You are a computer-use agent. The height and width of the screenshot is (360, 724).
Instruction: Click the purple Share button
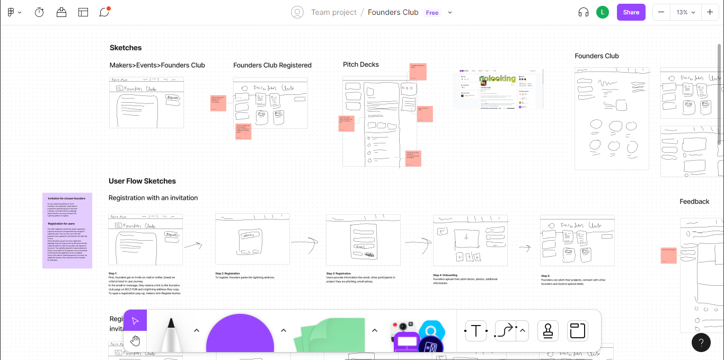631,12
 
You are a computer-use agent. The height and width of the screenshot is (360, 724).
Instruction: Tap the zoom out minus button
661,12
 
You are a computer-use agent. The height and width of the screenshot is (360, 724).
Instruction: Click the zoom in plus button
710,12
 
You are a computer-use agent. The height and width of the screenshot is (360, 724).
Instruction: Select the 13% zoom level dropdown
685,12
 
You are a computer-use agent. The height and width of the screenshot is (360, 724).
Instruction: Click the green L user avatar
602,12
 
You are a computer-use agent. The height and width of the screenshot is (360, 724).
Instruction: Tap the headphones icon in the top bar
584,12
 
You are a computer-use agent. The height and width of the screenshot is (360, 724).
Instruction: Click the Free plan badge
432,13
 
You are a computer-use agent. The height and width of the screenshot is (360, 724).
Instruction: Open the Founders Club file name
393,12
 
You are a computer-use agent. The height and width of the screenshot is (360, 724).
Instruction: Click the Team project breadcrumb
333,12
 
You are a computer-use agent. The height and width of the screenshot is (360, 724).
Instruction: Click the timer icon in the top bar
39,12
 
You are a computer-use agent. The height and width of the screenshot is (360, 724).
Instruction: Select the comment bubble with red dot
104,12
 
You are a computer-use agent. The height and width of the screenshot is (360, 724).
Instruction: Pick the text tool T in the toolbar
475,331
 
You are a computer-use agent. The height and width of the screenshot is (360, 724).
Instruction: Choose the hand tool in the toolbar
135,340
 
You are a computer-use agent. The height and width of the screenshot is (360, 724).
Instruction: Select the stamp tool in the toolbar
548,331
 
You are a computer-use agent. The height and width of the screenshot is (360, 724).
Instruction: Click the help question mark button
701,343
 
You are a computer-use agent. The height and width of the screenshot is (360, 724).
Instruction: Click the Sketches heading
126,48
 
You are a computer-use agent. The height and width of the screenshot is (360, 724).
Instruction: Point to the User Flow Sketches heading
142,181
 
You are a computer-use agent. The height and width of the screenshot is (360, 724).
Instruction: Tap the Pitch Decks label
360,65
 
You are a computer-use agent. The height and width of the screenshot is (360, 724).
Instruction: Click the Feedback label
694,201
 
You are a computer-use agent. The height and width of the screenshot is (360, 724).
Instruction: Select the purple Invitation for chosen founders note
67,231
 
